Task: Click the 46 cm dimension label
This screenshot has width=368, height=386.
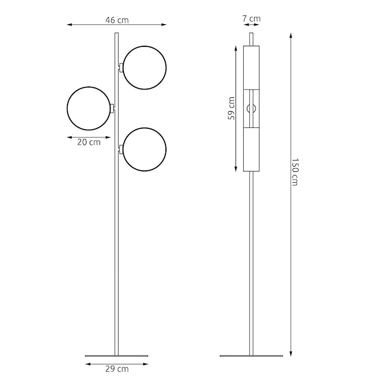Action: click(x=117, y=20)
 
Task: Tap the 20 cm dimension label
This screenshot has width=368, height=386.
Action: click(x=89, y=143)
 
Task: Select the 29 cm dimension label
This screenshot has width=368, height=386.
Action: click(x=117, y=369)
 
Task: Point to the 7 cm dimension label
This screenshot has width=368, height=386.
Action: click(x=252, y=19)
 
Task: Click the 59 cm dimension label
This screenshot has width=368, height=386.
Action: click(x=232, y=109)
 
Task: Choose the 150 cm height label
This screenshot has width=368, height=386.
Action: click(x=295, y=172)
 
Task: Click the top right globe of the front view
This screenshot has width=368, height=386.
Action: click(x=145, y=67)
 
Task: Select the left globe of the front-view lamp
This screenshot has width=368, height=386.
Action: click(x=89, y=108)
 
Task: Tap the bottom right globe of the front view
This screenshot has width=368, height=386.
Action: click(x=145, y=149)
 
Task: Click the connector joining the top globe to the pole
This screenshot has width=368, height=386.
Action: click(x=121, y=67)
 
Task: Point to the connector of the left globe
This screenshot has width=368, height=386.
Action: click(x=112, y=108)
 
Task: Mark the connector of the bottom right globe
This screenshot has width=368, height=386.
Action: click(x=121, y=149)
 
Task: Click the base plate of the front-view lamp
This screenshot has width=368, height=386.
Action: click(x=116, y=356)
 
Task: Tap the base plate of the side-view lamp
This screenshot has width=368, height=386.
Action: click(x=252, y=356)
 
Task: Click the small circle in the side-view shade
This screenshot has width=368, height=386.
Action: click(x=252, y=108)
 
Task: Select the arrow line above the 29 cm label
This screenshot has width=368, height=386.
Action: click(x=117, y=363)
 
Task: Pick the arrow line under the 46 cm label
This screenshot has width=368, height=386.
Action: click(x=117, y=25)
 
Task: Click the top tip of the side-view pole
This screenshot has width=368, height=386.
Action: click(x=252, y=34)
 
